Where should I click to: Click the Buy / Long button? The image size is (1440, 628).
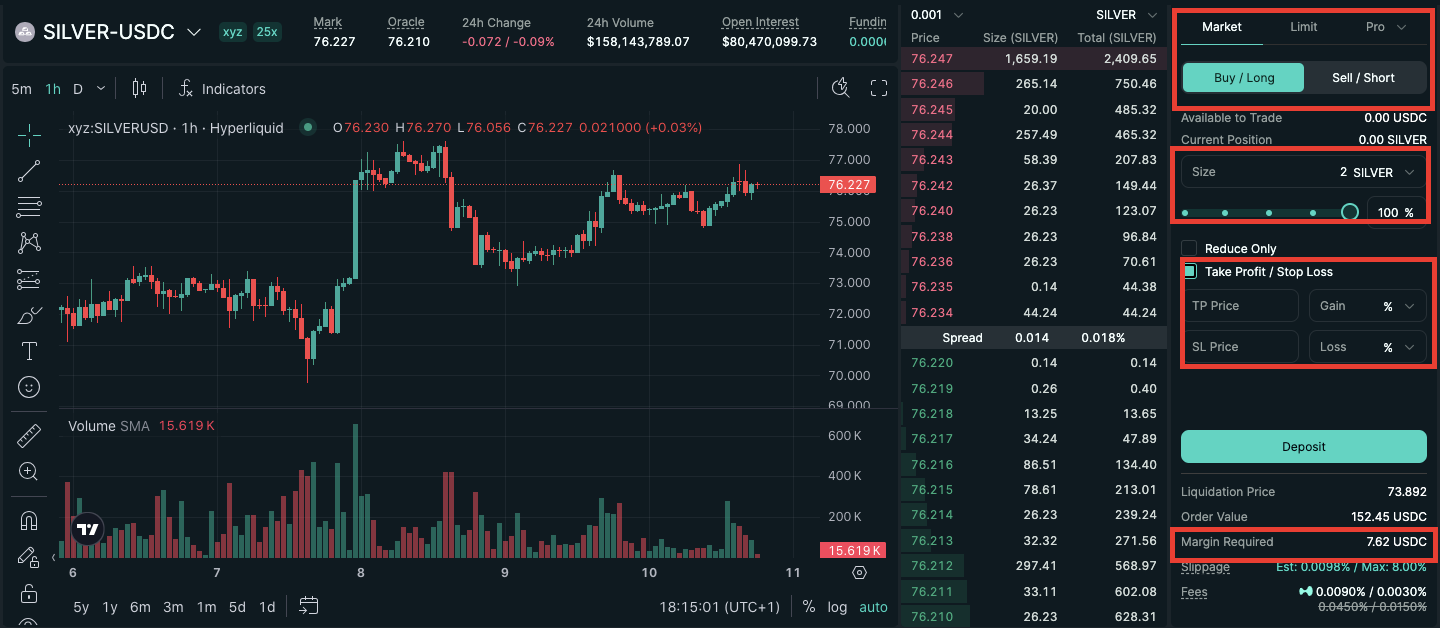click(1243, 78)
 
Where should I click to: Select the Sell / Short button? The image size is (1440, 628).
click(1363, 78)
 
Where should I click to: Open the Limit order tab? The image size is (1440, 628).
click(1303, 27)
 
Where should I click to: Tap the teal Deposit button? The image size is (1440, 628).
click(1303, 447)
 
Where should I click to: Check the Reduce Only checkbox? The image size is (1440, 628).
click(1189, 248)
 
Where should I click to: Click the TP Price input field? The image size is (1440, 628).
click(1239, 306)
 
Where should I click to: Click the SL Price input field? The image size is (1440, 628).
click(1239, 347)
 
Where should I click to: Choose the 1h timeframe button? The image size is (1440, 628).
click(53, 89)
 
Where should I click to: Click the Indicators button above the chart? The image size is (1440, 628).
click(222, 89)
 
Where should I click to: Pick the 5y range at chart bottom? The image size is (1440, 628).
click(81, 607)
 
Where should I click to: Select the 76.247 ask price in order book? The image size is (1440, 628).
click(932, 59)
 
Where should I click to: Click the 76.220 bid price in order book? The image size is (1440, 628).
click(932, 363)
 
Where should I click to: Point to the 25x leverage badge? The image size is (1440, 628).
click(267, 31)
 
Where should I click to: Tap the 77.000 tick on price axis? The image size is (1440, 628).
click(848, 159)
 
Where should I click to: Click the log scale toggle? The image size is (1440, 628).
click(837, 607)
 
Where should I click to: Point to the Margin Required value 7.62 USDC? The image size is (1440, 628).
click(1396, 542)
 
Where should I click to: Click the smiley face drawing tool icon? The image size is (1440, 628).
click(29, 386)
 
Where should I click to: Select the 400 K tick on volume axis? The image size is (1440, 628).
click(844, 476)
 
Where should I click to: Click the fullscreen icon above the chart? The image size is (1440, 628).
click(879, 88)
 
